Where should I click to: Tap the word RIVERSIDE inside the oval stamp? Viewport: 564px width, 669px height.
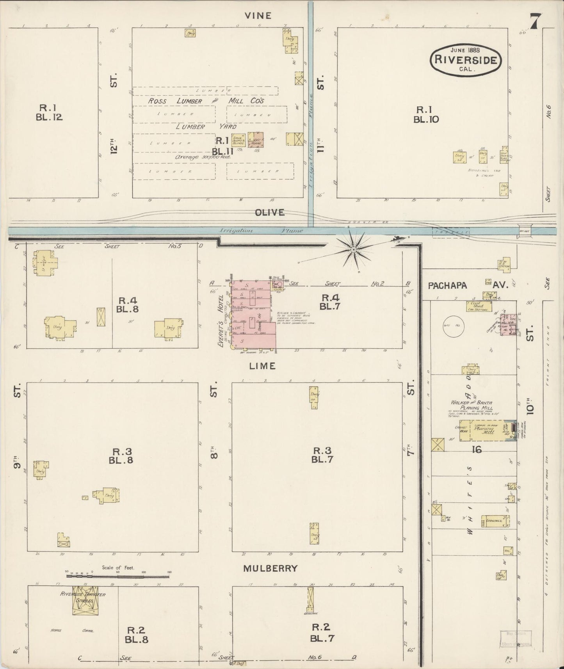465,60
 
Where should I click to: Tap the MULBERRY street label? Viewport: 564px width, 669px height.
270,568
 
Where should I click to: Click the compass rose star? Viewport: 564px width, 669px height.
353,249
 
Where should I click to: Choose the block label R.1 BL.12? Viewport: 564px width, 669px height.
49,112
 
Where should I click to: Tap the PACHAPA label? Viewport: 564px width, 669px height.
447,285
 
